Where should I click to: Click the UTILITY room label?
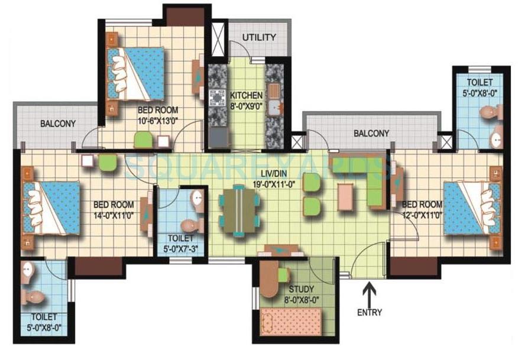tap(260, 38)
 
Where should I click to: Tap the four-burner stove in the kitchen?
tap(217, 97)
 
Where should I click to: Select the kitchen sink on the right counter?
tap(274, 108)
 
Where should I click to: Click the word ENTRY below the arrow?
tap(370, 312)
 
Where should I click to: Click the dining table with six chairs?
tap(239, 210)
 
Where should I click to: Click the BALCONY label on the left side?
tap(58, 124)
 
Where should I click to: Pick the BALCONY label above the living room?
tap(371, 134)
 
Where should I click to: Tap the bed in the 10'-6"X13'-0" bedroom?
tap(136, 74)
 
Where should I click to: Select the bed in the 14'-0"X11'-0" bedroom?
tap(51, 207)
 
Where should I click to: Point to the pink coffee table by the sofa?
tap(347, 197)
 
